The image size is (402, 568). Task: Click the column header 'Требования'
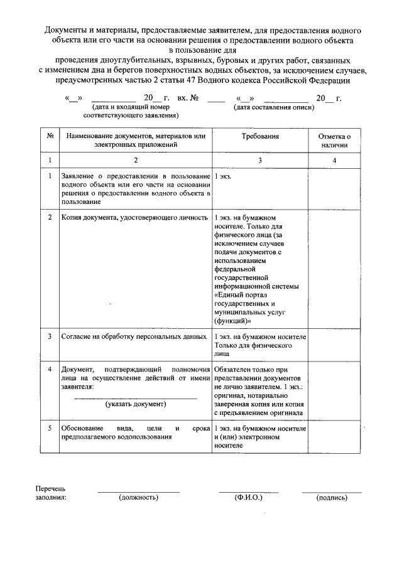260,136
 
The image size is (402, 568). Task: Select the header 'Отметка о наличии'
334,140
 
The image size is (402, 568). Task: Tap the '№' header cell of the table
50,136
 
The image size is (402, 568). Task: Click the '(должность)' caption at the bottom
138,498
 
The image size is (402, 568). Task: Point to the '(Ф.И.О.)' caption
248,498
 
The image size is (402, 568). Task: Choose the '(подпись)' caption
332,498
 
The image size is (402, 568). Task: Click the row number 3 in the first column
50,336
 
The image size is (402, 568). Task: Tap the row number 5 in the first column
50,428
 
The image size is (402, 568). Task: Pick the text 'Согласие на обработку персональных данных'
134,336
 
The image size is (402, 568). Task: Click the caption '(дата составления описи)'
271,108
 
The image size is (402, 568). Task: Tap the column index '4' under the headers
334,161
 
